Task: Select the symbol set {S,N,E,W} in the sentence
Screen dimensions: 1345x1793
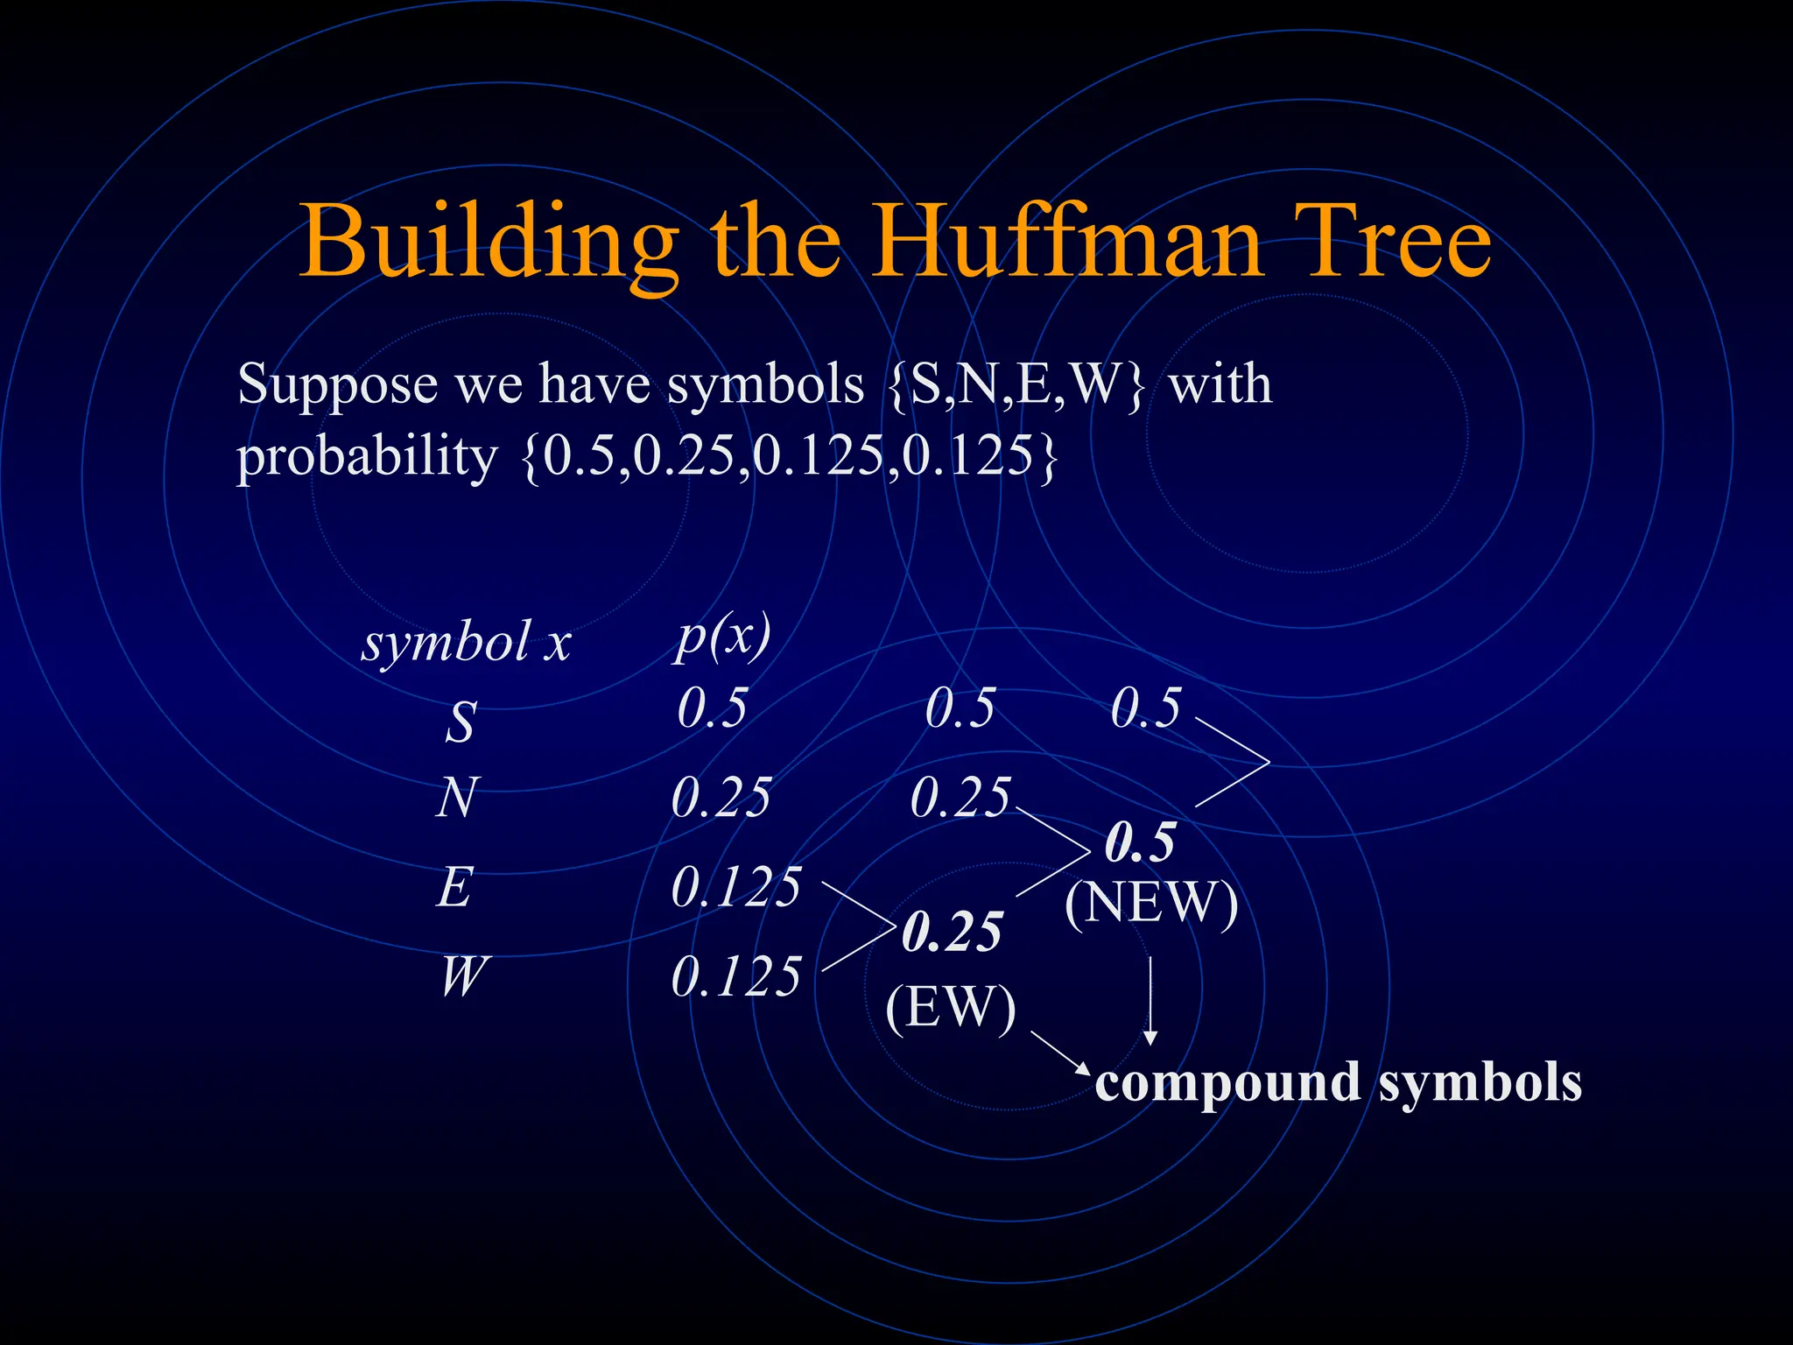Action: [x=1015, y=385]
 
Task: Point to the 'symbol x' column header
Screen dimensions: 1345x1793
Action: [x=466, y=644]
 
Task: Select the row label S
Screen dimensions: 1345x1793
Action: [x=461, y=723]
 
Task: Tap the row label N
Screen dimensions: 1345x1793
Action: [x=457, y=799]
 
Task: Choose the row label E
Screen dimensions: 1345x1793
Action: [x=455, y=888]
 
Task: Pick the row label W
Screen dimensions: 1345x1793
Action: [x=461, y=977]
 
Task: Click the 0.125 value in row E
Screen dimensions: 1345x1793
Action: [x=735, y=888]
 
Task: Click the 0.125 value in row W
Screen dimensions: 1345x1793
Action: [x=735, y=977]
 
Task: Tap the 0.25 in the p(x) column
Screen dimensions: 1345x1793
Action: [x=721, y=799]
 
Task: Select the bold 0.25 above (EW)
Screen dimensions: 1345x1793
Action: [x=953, y=933]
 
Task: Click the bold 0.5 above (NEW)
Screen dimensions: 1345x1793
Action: [x=1140, y=843]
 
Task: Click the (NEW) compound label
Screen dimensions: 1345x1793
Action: [x=1150, y=904]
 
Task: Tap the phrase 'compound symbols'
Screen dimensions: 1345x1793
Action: [x=1338, y=1082]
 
